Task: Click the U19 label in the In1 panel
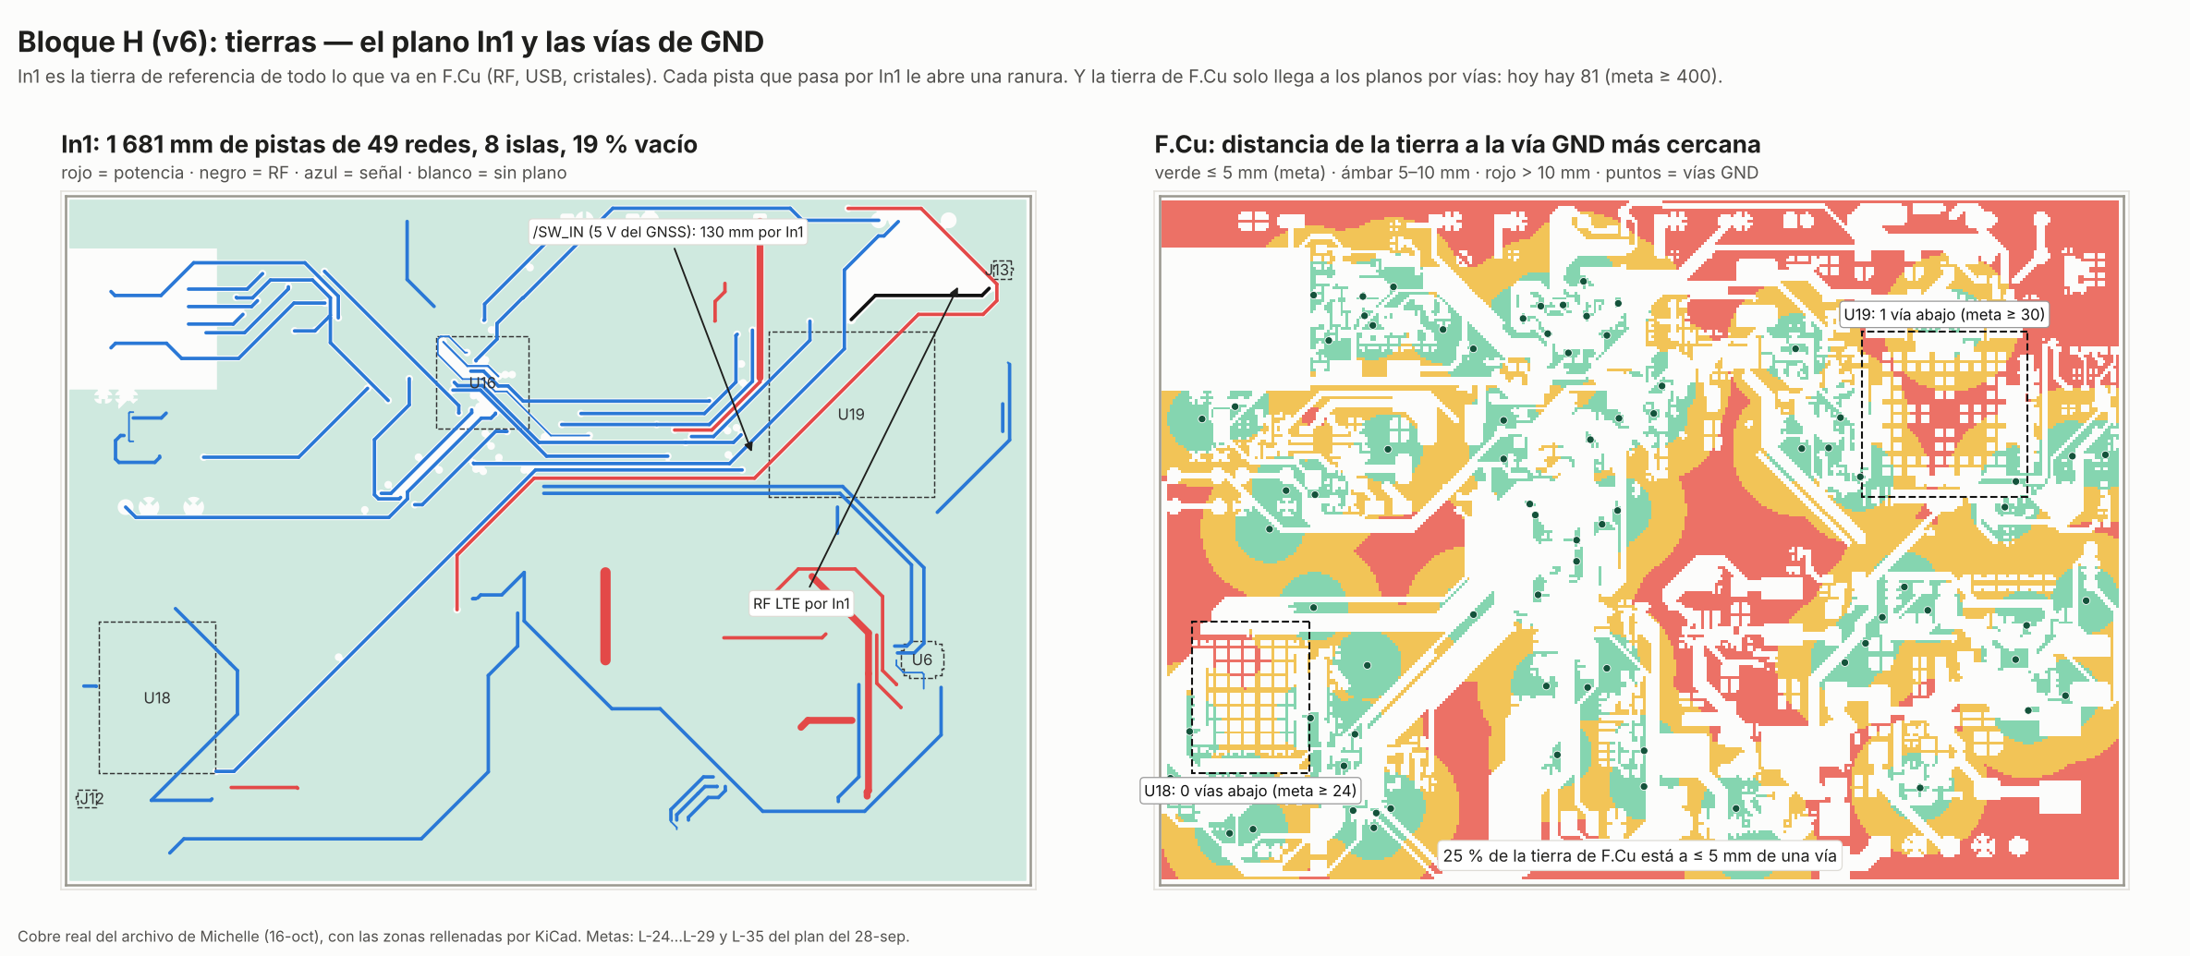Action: [851, 415]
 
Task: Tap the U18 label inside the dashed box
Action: [157, 698]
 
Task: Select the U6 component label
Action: [922, 660]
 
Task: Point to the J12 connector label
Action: [90, 798]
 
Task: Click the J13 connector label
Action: [1002, 270]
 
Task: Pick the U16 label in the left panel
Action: [482, 382]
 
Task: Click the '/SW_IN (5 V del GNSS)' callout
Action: [668, 232]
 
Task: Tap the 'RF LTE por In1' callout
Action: [801, 604]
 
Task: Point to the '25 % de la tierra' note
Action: [1640, 856]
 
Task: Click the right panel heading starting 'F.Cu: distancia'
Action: [1457, 144]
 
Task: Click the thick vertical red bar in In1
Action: [605, 616]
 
